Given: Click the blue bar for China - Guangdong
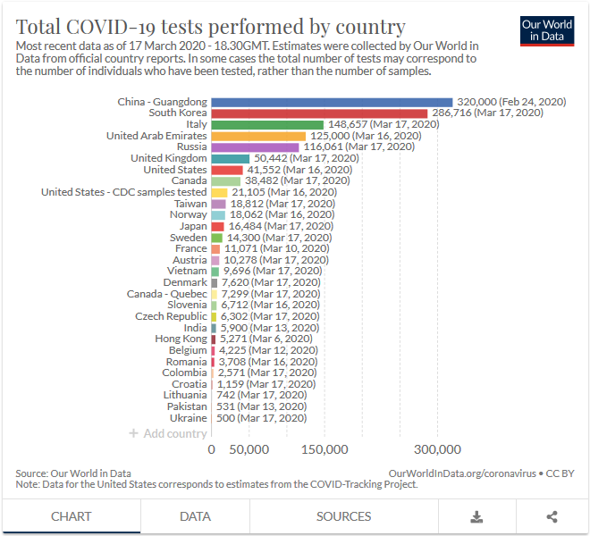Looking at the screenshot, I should pyautogui.click(x=332, y=102).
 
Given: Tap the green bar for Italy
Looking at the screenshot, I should pyautogui.click(x=267, y=124).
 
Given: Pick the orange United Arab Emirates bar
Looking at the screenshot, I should pyautogui.click(x=258, y=136).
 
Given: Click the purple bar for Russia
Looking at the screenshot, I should pyautogui.click(x=255, y=147).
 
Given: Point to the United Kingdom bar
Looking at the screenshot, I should pyautogui.click(x=230, y=158).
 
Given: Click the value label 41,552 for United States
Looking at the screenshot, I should pyautogui.click(x=265, y=170).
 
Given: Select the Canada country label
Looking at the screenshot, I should pyautogui.click(x=189, y=180).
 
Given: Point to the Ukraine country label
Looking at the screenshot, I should pyautogui.click(x=188, y=417).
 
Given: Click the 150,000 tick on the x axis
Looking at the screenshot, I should pyautogui.click(x=324, y=449).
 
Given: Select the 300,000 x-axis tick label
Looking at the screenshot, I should pyautogui.click(x=437, y=449).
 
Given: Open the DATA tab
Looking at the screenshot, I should pyautogui.click(x=195, y=516).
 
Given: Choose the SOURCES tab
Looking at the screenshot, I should pyautogui.click(x=343, y=516).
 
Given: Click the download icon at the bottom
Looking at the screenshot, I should pyautogui.click(x=476, y=516).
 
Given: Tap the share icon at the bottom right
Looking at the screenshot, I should pyautogui.click(x=552, y=516).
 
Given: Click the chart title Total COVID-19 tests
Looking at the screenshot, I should pyautogui.click(x=211, y=27).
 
